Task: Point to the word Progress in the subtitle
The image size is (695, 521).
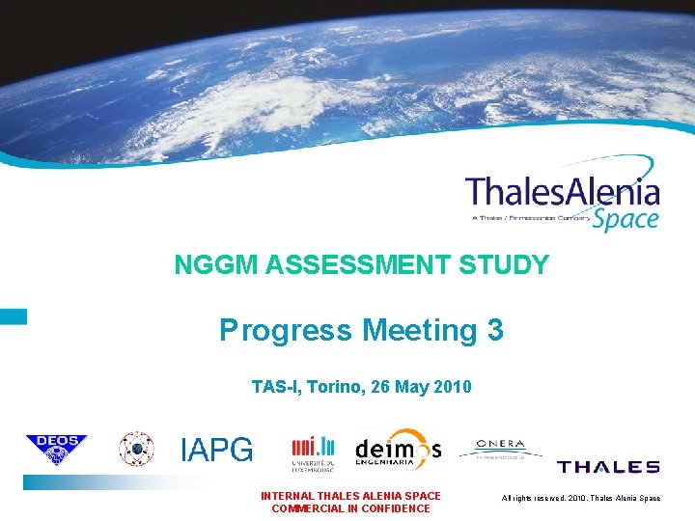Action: point(285,331)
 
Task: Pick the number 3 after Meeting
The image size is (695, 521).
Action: point(495,331)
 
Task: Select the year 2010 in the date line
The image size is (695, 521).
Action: point(453,387)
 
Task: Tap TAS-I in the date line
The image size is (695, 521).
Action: point(274,387)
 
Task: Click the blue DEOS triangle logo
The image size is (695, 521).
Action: point(56,449)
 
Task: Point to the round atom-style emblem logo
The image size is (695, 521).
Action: point(135,450)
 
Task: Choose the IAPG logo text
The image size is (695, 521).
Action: point(217,450)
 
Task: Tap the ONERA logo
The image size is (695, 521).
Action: point(500,448)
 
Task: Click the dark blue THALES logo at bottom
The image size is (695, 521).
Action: point(608,467)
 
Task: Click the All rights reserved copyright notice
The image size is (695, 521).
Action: point(581,497)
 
